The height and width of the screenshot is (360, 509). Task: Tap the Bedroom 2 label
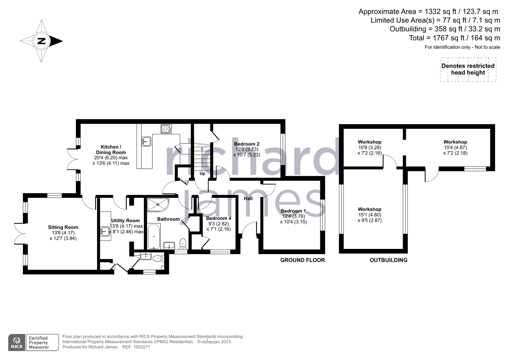[x=247, y=144]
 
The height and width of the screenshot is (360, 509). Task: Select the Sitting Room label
[x=63, y=227]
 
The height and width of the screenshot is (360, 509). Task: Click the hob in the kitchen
[x=166, y=129]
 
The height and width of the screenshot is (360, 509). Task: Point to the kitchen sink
[x=146, y=141]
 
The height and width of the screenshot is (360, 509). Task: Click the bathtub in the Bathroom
[x=154, y=236]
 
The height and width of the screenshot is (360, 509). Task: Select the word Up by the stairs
[x=202, y=174]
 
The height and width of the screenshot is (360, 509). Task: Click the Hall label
[x=248, y=199]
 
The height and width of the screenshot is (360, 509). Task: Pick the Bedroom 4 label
[x=219, y=218]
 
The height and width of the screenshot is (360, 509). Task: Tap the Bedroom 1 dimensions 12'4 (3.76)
[x=293, y=216]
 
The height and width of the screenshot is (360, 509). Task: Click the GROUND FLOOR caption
[x=302, y=260]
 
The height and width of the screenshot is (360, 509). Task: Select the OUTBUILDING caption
[x=388, y=260]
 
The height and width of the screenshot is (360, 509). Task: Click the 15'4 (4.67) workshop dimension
[x=455, y=147]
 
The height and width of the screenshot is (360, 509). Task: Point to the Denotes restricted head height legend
[x=468, y=69]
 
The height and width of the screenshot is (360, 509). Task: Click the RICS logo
[x=17, y=342]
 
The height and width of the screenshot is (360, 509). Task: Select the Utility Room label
[x=125, y=221]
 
